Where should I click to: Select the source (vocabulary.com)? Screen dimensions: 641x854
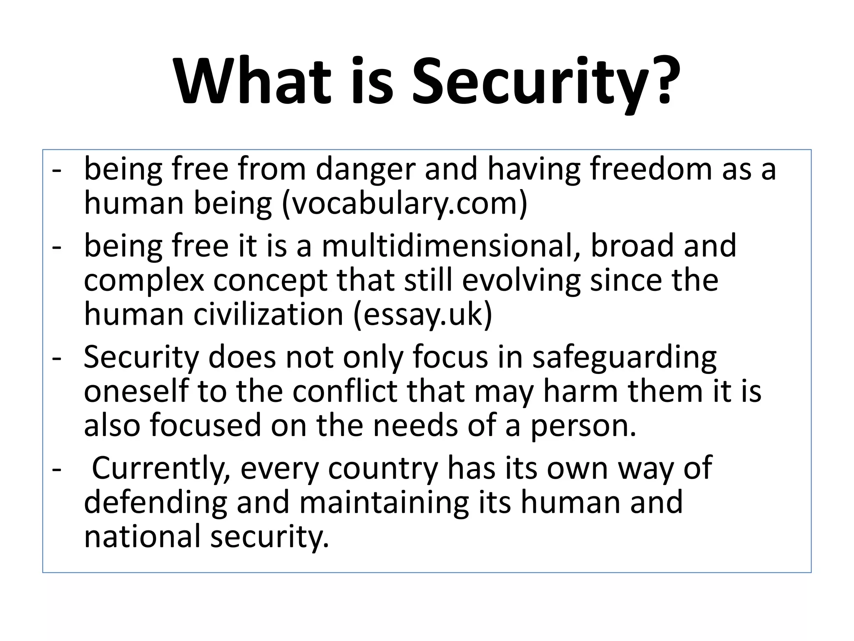[x=405, y=203]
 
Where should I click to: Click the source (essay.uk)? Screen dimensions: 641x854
[x=423, y=314]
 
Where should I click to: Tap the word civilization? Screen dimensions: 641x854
[x=268, y=314]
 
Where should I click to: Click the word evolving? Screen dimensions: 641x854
[x=521, y=280]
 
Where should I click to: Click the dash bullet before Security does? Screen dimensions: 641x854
[x=56, y=358]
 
